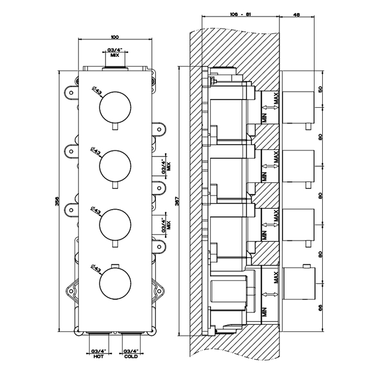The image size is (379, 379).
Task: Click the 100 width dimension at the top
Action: coord(114,37)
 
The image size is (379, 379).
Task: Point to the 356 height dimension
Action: coord(58,201)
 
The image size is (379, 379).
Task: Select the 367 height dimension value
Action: coord(180,201)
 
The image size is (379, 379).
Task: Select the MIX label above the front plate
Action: coord(114,55)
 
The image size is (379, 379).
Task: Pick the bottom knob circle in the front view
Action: coord(114,284)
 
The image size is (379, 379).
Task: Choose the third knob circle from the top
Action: coord(114,225)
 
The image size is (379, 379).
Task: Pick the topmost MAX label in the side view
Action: coord(277,100)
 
